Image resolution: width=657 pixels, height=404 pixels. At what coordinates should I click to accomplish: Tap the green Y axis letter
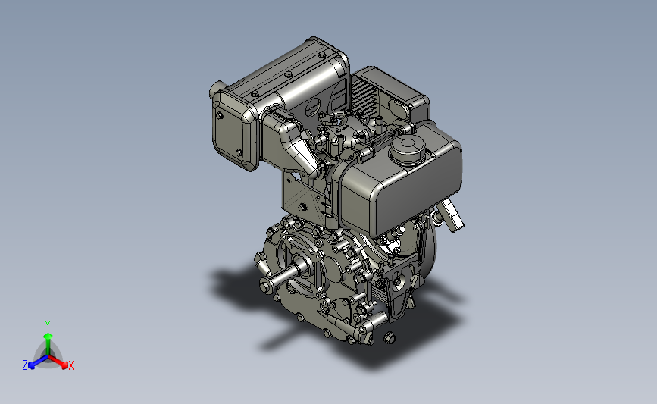48,325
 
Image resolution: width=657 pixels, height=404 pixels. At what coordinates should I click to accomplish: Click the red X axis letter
70,365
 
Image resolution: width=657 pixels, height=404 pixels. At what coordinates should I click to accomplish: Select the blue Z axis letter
25,365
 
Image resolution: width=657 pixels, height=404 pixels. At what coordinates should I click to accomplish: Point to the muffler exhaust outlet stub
215,89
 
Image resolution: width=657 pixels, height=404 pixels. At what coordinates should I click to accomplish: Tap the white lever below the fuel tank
452,215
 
